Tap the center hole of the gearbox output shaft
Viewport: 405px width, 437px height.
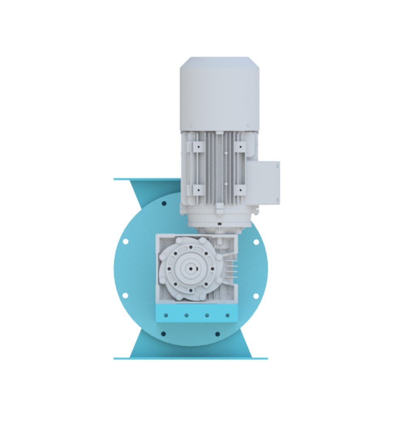192,269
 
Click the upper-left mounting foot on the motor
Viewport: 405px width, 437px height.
197,146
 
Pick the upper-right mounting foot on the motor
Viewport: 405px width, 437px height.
240,146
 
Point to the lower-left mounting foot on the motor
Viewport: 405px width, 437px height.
197,189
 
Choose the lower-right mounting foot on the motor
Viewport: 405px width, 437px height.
240,189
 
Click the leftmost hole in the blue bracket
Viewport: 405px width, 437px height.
166,315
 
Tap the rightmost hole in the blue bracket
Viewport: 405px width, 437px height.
227,315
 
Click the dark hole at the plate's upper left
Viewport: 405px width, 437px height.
164,203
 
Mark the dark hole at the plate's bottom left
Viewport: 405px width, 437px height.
163,334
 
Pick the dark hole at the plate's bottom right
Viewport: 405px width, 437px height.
218,334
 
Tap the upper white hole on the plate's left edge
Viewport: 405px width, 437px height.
125,241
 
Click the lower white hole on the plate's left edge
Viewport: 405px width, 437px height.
125,296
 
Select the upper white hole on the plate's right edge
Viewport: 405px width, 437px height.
256,242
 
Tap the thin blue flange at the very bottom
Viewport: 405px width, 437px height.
191,359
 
